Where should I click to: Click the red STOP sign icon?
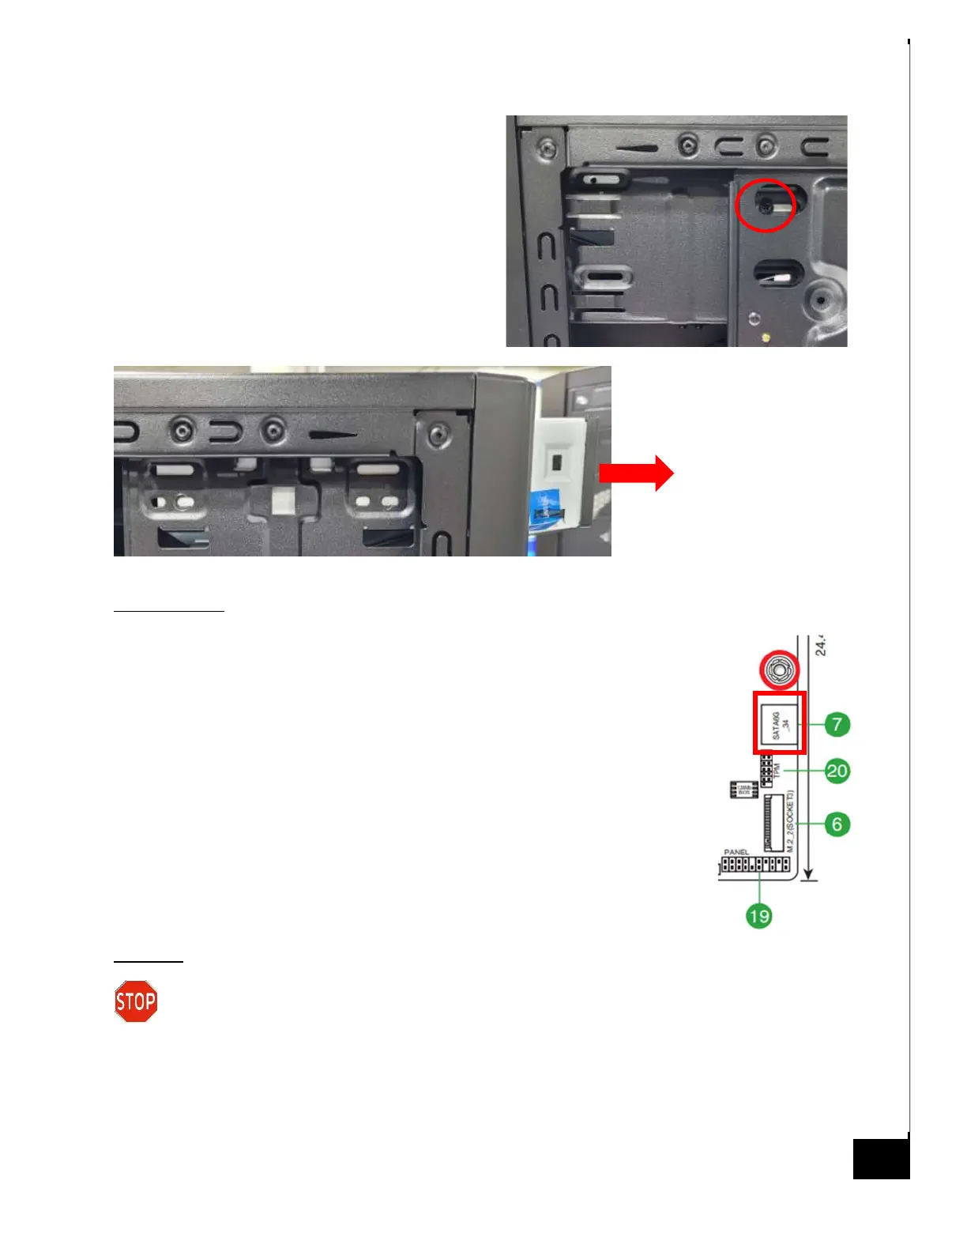tap(136, 1001)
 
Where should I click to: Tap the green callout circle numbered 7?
tap(837, 724)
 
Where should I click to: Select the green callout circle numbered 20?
tap(837, 771)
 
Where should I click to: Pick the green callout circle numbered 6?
tap(837, 824)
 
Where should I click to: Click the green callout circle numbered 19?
tap(758, 916)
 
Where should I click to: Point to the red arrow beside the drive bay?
tap(636, 473)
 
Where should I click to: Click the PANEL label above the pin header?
tap(736, 852)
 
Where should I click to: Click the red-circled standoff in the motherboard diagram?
tap(779, 670)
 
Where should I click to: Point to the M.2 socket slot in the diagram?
tap(773, 823)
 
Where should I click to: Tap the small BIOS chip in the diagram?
tap(744, 790)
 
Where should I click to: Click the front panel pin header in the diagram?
tap(755, 865)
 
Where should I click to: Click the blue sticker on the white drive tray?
tap(544, 506)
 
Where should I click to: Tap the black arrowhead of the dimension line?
tap(808, 873)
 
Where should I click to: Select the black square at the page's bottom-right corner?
tap(881, 1159)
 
